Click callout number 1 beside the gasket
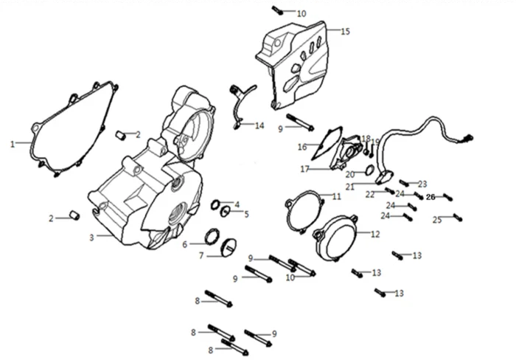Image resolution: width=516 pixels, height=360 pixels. click(x=13, y=144)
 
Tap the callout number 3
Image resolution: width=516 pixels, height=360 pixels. click(x=91, y=237)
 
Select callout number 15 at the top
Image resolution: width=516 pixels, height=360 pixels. click(x=345, y=31)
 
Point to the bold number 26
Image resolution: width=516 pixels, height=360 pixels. click(x=431, y=196)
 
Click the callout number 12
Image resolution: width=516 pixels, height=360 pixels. click(x=375, y=235)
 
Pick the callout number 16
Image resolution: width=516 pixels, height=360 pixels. click(x=302, y=147)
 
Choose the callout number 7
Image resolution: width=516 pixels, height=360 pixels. click(x=201, y=256)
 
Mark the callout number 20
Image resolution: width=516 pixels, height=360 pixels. click(x=351, y=174)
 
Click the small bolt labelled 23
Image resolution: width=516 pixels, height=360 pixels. click(x=405, y=181)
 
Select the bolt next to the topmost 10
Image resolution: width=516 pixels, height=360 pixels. click(x=277, y=10)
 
